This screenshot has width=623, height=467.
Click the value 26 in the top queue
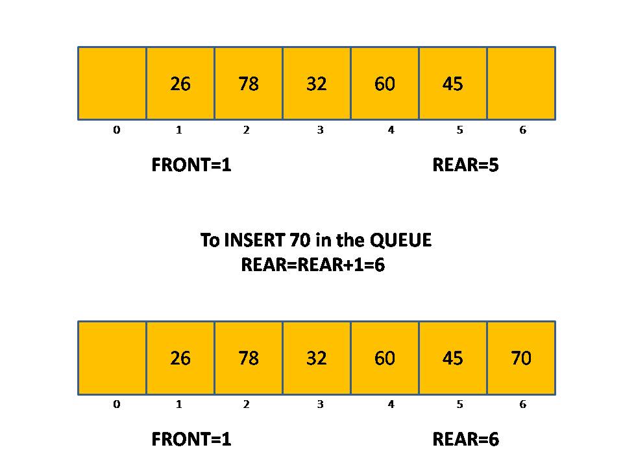click(x=180, y=84)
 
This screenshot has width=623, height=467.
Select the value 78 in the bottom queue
click(x=249, y=358)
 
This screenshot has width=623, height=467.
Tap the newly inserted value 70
click(x=521, y=358)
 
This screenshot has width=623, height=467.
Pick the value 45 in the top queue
click(x=452, y=84)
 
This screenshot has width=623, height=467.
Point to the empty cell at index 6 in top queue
click(x=521, y=83)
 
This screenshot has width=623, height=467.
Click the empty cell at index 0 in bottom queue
click(x=112, y=358)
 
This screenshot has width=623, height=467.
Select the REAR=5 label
click(x=465, y=165)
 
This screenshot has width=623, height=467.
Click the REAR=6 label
click(x=465, y=440)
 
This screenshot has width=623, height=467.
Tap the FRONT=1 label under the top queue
click(x=191, y=165)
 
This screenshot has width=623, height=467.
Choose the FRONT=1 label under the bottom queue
click(x=191, y=440)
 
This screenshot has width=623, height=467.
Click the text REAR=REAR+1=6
click(x=313, y=265)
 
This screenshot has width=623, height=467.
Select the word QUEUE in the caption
click(x=400, y=241)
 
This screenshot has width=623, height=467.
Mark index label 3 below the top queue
click(x=320, y=130)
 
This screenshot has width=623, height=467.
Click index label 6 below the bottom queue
click(x=522, y=405)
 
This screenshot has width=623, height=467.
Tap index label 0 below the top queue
click(x=116, y=130)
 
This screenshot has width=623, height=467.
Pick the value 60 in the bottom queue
click(x=385, y=358)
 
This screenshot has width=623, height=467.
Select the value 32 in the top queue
click(x=317, y=84)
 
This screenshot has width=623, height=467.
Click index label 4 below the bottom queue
click(x=391, y=405)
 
